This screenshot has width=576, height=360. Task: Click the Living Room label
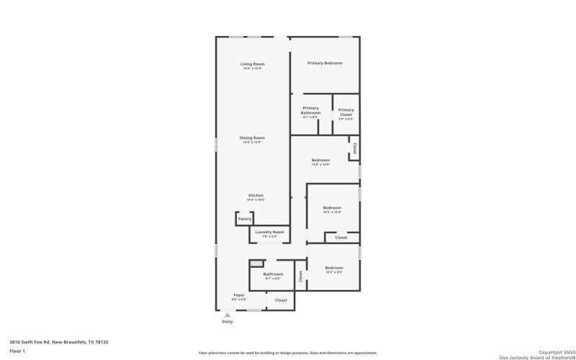coord(252,64)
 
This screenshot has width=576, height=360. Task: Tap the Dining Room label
coord(253,138)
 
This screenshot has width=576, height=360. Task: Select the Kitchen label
coord(256,195)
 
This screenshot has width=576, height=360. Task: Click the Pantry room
coord(245,219)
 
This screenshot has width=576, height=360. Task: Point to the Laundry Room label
coord(270,233)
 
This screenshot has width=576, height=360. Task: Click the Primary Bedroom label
coord(324,63)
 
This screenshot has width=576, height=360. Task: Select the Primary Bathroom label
coord(310,110)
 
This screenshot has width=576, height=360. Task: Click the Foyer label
coord(238,296)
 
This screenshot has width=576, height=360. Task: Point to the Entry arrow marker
coord(227,315)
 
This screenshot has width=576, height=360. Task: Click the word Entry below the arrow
coord(227,322)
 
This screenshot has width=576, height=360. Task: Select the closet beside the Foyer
coord(281,300)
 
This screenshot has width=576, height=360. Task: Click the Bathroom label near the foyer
coord(273,274)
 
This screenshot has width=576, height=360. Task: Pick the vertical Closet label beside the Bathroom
coord(300,274)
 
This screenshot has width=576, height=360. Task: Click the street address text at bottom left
coord(59,342)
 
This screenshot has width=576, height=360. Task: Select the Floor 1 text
coord(17,351)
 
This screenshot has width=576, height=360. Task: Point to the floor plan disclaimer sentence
coord(287,353)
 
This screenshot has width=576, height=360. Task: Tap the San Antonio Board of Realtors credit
coord(536,356)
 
